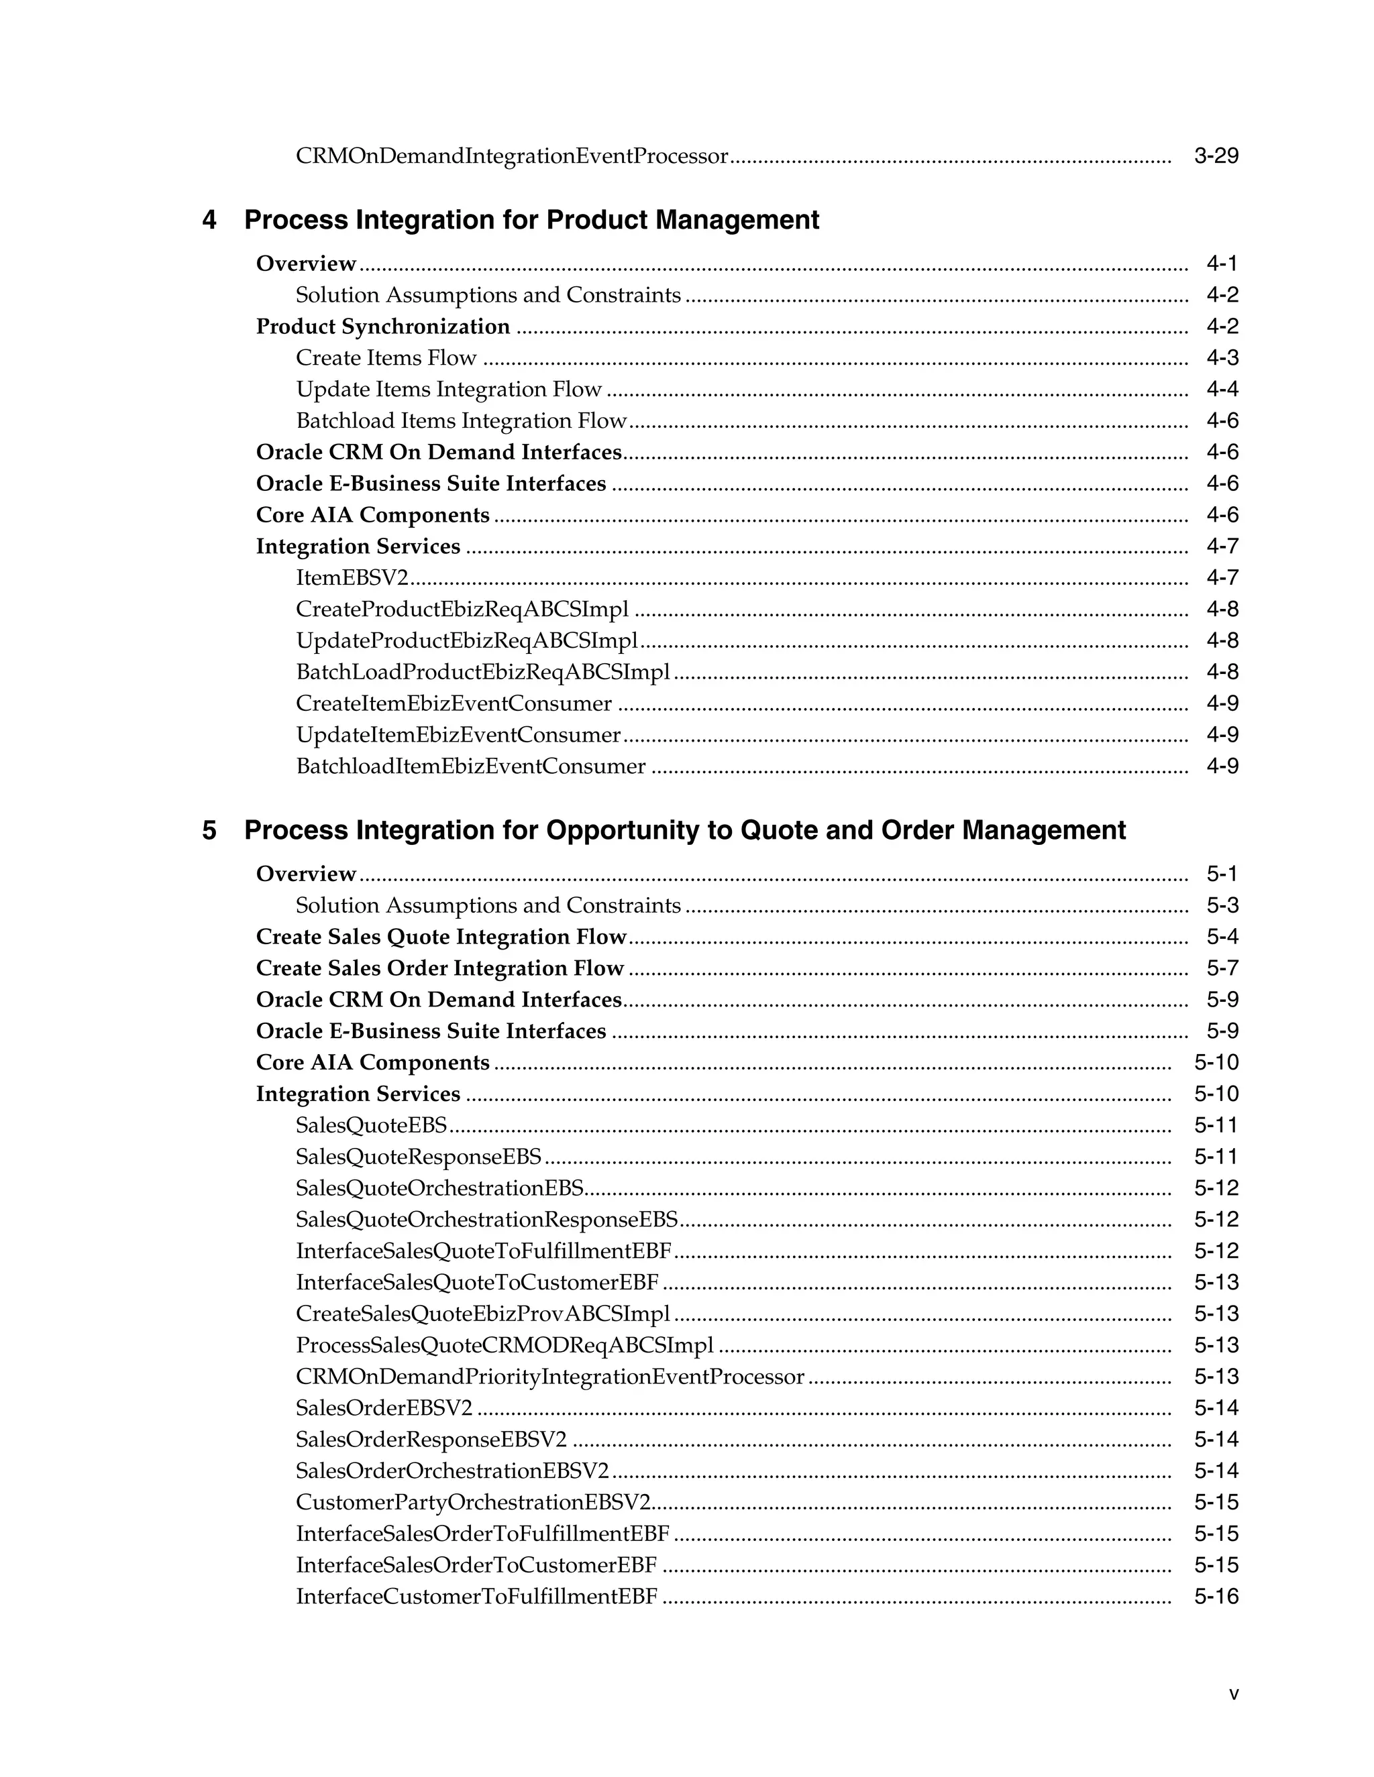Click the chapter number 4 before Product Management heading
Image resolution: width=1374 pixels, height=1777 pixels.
[209, 220]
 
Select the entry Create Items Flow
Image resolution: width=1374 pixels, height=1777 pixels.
[386, 358]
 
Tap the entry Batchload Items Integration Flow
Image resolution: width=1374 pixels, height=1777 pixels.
[461, 420]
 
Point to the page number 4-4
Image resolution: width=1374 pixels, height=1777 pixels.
[1222, 389]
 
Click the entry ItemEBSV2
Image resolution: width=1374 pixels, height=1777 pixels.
[352, 577]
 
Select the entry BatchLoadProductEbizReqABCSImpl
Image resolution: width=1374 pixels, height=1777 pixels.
[482, 672]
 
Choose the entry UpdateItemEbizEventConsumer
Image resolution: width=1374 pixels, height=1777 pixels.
[458, 735]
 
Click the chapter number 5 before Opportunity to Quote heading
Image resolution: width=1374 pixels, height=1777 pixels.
[209, 830]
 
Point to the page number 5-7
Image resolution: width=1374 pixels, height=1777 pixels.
[1222, 968]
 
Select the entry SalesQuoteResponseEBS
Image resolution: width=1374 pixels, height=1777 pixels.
[419, 1157]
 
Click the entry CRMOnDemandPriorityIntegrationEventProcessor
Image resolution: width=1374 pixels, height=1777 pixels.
[549, 1377]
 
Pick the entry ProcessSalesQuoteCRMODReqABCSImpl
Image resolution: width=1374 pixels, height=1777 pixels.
[505, 1345]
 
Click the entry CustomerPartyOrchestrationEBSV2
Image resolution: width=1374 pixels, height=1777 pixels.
[473, 1502]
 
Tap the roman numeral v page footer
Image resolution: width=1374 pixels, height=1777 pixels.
[1234, 1694]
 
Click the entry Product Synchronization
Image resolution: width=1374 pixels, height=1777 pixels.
[382, 327]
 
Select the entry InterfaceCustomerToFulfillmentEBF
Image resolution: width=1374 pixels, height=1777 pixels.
[476, 1597]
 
